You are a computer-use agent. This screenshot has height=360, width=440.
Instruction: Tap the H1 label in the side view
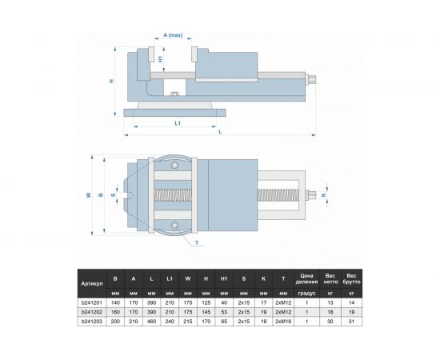(162, 59)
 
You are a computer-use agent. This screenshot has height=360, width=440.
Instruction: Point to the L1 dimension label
(177, 123)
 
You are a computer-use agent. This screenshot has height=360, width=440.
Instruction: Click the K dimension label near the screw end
(323, 194)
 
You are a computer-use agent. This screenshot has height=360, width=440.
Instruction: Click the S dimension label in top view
(114, 194)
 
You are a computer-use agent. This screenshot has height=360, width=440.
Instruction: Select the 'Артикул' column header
(91, 283)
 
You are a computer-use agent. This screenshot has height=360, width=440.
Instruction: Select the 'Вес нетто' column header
(330, 278)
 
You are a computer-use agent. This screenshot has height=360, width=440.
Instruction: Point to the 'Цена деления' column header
(306, 278)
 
